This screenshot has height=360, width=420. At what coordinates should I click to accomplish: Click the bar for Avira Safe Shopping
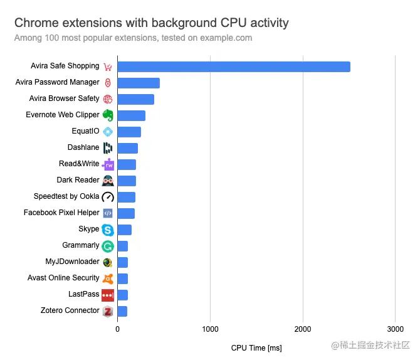pos(233,66)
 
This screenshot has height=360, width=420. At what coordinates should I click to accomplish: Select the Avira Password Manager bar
pos(139,83)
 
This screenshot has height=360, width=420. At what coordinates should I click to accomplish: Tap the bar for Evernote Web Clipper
pos(131,115)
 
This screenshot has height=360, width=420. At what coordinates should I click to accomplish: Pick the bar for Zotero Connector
pos(122,311)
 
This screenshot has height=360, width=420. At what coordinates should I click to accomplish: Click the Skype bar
pos(124,230)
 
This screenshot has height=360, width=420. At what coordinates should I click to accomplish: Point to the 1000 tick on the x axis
pos(210,329)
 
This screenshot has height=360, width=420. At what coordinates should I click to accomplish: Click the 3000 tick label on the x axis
pos(395,329)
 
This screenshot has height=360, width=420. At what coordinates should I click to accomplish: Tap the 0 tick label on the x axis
pos(117,329)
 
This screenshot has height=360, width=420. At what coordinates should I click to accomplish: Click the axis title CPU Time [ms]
pos(256,347)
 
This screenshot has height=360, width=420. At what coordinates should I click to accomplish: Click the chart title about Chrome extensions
pos(151,23)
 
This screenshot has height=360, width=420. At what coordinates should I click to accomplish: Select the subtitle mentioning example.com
pos(133,38)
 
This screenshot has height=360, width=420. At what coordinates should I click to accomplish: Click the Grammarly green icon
pos(108,246)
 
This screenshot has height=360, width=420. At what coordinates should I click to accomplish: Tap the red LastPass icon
pos(108,295)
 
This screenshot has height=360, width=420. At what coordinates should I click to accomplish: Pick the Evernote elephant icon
pos(108,115)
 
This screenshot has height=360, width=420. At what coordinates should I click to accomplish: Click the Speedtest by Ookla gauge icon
pos(108,197)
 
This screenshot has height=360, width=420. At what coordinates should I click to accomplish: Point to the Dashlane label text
pos(83,147)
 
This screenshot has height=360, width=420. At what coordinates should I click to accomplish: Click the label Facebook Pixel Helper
pos(61,213)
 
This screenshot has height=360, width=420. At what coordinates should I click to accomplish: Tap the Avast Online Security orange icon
pos(108,278)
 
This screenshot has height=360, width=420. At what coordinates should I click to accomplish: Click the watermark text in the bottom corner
pos(370,346)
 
